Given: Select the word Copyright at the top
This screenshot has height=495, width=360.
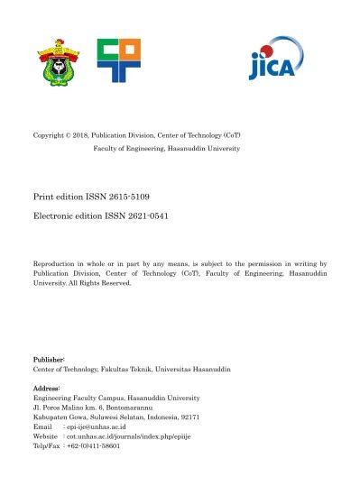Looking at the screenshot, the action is click(x=50, y=135).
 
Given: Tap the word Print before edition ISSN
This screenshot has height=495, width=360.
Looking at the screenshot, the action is click(x=42, y=194).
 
